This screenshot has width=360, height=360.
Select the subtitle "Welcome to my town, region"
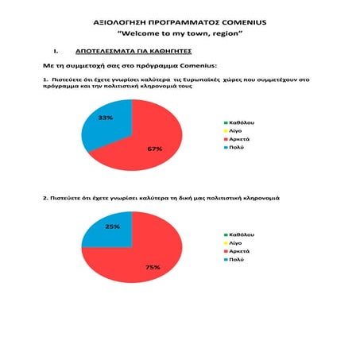180,36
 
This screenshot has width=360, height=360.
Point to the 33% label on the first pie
105,118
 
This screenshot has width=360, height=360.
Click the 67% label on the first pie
155,149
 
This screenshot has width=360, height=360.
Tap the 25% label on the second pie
113,226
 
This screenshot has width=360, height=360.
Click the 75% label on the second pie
153,267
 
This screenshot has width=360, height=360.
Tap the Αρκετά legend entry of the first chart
240,139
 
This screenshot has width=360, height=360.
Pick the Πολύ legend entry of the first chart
237,147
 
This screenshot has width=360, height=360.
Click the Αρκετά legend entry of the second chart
240,251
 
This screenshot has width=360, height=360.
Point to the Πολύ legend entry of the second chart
237,259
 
